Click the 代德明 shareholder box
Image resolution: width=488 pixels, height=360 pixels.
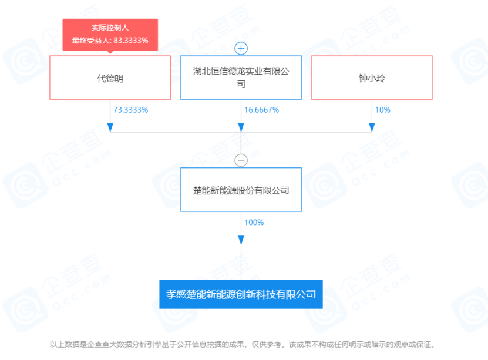click(110, 78)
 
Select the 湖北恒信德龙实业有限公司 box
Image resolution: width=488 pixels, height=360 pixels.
click(241, 78)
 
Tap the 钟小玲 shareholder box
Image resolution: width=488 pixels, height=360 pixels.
click(372, 78)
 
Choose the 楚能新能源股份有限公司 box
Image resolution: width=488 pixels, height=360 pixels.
click(241, 190)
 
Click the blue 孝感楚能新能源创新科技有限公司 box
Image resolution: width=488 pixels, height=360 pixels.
click(241, 294)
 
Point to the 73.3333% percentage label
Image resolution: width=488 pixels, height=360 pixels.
click(130, 110)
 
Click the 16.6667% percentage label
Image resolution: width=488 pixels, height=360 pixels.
click(261, 110)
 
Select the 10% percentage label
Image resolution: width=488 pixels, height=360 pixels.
click(383, 110)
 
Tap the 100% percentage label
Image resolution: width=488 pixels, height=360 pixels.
click(254, 223)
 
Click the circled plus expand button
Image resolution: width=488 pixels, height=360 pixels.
click(241, 48)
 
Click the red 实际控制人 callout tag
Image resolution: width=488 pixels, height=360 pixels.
click(110, 34)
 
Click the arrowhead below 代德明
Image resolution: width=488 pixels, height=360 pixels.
click(110, 127)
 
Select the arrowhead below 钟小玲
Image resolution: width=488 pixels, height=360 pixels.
click(372, 127)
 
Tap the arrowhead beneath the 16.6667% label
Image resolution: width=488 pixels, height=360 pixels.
click(241, 127)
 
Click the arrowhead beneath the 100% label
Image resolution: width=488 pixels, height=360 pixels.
click(241, 240)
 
